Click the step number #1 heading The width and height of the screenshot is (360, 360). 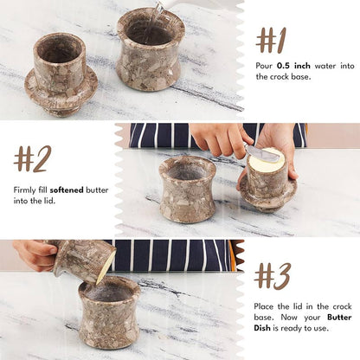271,40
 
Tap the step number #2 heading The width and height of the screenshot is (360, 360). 32,158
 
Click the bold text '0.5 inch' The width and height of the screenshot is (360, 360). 294,65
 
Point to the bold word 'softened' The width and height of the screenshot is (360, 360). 67,189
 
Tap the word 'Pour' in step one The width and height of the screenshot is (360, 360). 266,65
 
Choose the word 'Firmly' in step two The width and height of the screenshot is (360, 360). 26,189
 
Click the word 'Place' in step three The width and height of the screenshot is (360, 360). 267,306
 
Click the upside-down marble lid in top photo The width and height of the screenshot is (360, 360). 61,76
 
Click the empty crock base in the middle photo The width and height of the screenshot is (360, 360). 187,188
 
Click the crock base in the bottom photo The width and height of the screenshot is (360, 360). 109,313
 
